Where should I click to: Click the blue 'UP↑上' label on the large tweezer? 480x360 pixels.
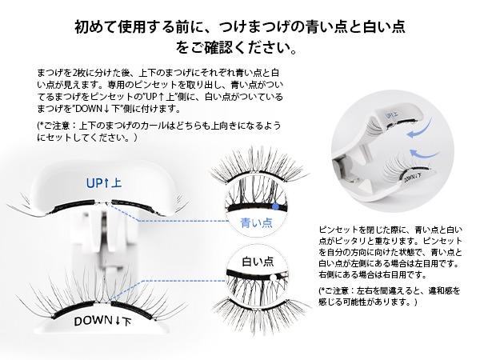[104, 183]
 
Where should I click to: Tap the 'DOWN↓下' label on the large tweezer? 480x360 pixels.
[103, 321]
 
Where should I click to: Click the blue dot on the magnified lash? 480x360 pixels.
[275, 206]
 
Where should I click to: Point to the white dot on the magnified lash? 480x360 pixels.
[272, 278]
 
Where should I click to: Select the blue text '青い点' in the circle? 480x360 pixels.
[257, 222]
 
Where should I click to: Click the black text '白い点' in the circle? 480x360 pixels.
[258, 262]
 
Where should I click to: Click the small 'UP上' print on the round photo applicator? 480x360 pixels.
[392, 115]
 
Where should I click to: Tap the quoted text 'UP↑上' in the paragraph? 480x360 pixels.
[159, 97]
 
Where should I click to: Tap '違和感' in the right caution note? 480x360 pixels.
[444, 290]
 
